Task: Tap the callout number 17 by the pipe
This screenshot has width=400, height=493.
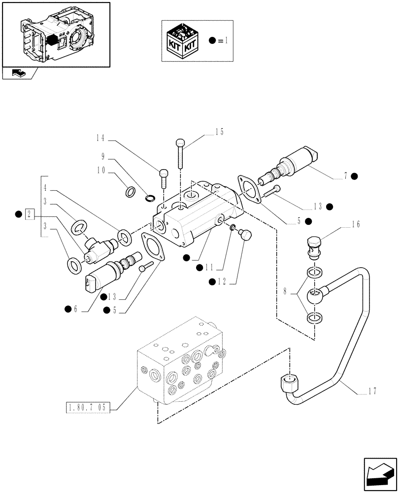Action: click(372, 392)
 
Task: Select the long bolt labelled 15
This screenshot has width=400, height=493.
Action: click(180, 154)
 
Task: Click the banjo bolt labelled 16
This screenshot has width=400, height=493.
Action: click(313, 247)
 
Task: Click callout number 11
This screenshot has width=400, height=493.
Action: click(209, 267)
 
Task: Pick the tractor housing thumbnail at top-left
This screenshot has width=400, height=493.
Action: click(55, 35)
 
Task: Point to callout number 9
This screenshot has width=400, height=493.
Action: click(103, 157)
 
